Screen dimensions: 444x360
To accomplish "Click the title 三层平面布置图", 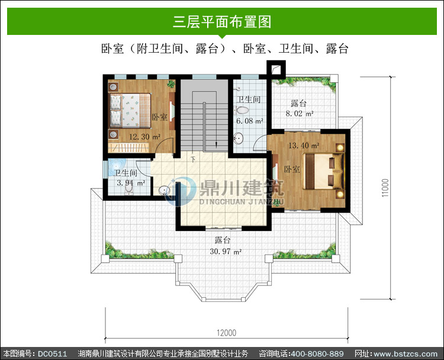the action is point(222,21).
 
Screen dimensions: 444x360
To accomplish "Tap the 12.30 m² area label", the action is point(144,137).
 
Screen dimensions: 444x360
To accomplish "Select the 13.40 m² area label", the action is point(304,146).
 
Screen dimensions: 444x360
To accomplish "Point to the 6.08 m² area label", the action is point(250,121).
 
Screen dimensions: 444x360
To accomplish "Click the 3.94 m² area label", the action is point(131,183).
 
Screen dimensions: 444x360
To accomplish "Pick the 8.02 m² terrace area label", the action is point(300,114).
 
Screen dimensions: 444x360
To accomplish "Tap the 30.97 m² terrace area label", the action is point(226,251).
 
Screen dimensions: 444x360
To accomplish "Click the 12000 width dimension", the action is point(227,333).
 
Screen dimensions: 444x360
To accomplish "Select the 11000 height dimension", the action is point(385,188).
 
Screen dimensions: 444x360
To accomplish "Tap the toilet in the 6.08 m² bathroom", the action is point(242,110).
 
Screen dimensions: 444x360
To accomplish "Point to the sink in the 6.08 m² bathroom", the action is point(239,139).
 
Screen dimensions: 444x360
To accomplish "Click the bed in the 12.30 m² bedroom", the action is point(130,110).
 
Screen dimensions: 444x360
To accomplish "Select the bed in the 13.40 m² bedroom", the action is point(323,171).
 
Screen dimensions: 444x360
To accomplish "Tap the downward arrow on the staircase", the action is point(216,144).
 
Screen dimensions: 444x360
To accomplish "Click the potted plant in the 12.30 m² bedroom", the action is point(170,84).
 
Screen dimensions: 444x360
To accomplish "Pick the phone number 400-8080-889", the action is point(317,353).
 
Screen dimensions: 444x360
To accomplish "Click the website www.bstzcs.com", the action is point(406,353).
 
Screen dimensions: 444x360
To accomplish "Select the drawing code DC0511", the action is point(52,353).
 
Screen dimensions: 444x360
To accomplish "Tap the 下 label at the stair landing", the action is point(193,159).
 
